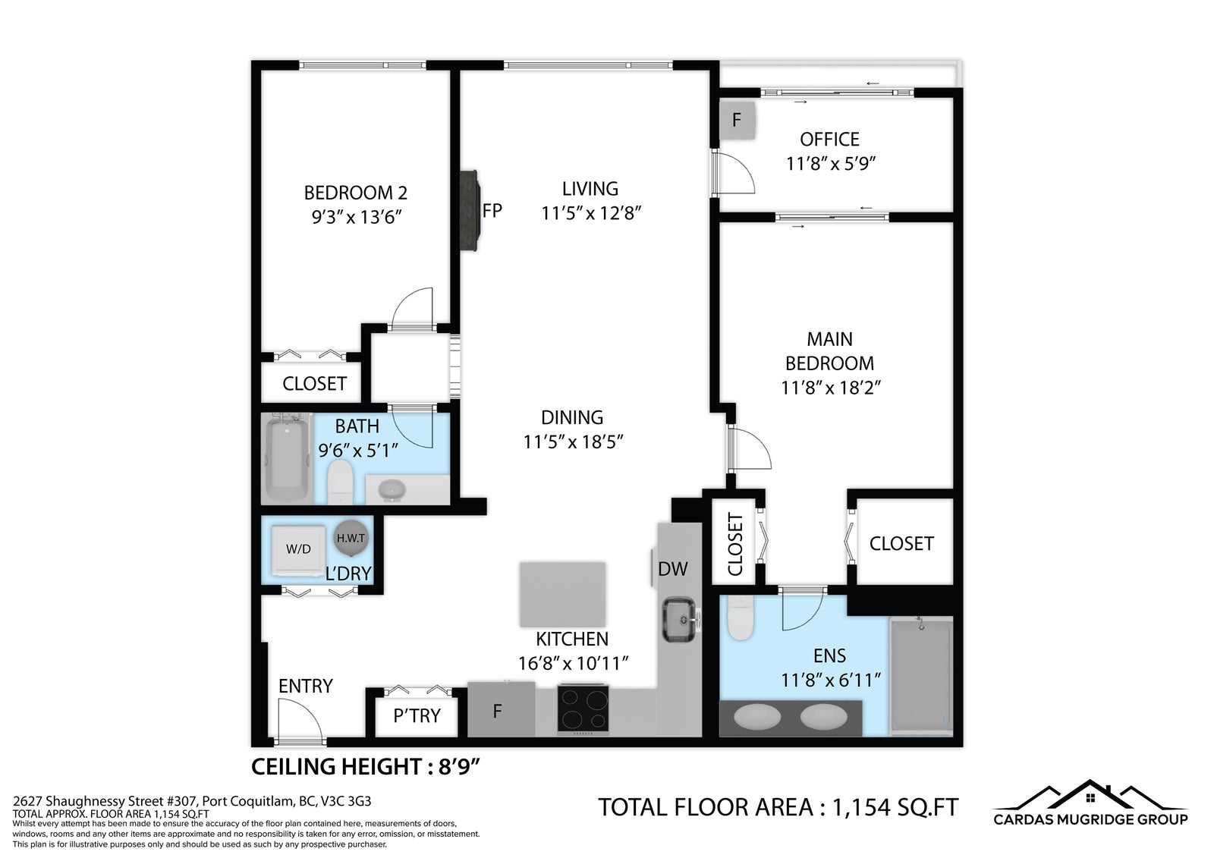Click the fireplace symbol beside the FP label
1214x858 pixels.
[x=470, y=211]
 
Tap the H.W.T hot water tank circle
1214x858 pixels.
[x=351, y=538]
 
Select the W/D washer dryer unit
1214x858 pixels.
[x=298, y=550]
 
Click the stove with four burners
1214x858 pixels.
[x=583, y=709]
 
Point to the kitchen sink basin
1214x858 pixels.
[x=679, y=620]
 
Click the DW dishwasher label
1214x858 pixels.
[x=672, y=569]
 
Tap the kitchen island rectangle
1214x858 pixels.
[x=562, y=595]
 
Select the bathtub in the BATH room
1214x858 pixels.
[x=287, y=458]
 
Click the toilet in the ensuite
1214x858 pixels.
[x=741, y=618]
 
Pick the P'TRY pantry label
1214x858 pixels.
[x=417, y=716]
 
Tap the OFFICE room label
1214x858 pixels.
[x=830, y=140]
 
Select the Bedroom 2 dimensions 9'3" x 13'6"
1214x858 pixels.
[x=356, y=218]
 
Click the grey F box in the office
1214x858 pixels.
[x=737, y=121]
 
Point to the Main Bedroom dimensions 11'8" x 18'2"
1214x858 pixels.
[x=830, y=388]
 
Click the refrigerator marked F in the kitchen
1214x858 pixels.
[x=502, y=710]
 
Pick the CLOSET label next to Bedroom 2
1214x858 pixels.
[x=314, y=384]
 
